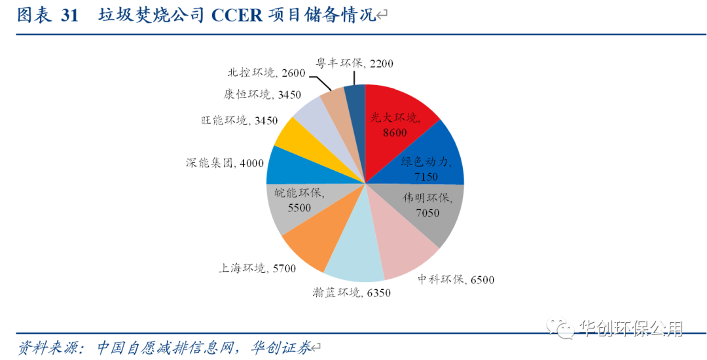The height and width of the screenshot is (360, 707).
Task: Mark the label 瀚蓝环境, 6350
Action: click(352, 293)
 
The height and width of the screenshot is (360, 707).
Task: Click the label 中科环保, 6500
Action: click(456, 279)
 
